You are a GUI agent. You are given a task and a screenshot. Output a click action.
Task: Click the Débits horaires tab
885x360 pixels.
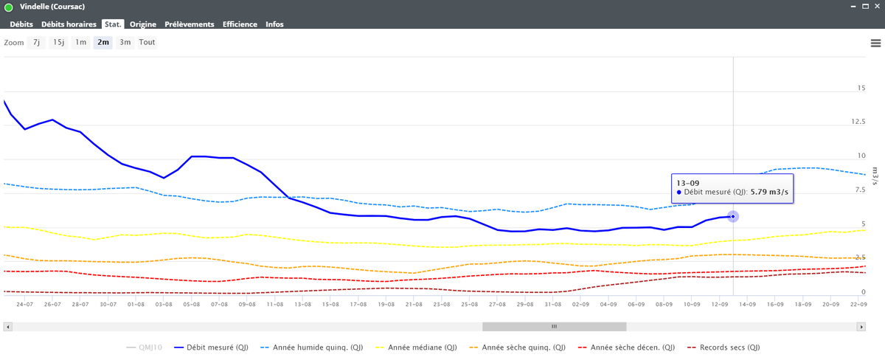pyautogui.click(x=69, y=24)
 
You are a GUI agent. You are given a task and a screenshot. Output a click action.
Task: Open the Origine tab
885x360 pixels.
pyautogui.click(x=142, y=24)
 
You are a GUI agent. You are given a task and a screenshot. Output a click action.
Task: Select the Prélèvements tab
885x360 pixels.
pyautogui.click(x=190, y=24)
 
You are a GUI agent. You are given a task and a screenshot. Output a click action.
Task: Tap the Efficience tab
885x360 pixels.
pyautogui.click(x=240, y=24)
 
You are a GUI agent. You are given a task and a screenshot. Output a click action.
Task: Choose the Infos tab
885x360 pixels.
pyautogui.click(x=274, y=24)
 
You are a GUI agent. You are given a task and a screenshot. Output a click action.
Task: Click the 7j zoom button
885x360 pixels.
pyautogui.click(x=36, y=42)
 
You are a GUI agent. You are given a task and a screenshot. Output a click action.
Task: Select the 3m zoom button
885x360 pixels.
pyautogui.click(x=125, y=42)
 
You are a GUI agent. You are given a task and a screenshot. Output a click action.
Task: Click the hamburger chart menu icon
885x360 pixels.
pyautogui.click(x=875, y=43)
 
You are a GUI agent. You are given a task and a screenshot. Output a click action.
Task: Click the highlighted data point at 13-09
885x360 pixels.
pyautogui.click(x=733, y=217)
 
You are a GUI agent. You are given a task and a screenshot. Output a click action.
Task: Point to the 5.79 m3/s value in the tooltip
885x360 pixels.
pyautogui.click(x=769, y=192)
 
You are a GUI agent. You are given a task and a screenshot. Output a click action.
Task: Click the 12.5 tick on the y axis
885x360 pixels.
pyautogui.click(x=858, y=121)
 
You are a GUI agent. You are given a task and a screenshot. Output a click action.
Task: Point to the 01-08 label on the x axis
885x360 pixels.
pyautogui.click(x=136, y=304)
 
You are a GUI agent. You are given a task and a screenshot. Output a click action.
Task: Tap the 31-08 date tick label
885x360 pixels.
pyautogui.click(x=552, y=304)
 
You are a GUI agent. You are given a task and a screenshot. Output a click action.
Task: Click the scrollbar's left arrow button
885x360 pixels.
pyautogui.click(x=8, y=327)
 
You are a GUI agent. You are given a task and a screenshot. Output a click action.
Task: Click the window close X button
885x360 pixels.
pyautogui.click(x=877, y=7)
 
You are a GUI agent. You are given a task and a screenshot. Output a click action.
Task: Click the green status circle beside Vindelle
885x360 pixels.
pyautogui.click(x=8, y=7)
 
